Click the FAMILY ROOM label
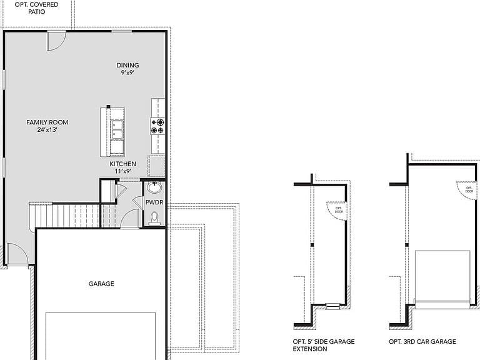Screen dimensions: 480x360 [x=47, y=122]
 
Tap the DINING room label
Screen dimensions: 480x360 [x=127, y=65]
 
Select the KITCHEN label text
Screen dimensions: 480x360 [x=122, y=164]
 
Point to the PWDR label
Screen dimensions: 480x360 [x=154, y=202]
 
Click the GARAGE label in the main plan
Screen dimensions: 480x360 [x=101, y=284]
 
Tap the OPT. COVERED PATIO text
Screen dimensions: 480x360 [x=36, y=8]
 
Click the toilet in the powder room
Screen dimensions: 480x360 [x=154, y=218]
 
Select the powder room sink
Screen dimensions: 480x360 [x=154, y=187]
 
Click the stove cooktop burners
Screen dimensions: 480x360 [x=157, y=126]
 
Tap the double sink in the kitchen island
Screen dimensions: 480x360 [x=117, y=130]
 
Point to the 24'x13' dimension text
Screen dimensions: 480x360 [x=47, y=129]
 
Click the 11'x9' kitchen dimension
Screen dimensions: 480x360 [x=123, y=171]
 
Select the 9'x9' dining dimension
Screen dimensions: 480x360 [x=127, y=72]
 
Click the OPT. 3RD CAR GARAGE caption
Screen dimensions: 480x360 [x=422, y=342]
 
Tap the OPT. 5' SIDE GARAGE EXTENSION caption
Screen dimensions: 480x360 [x=324, y=345]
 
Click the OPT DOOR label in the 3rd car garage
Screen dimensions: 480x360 [x=469, y=189]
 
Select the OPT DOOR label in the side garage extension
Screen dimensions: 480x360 [x=339, y=210]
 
